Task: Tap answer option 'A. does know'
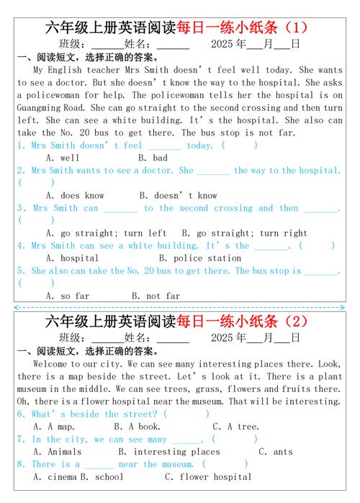click(x=75, y=195)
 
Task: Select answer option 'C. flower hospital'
click(x=208, y=476)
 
